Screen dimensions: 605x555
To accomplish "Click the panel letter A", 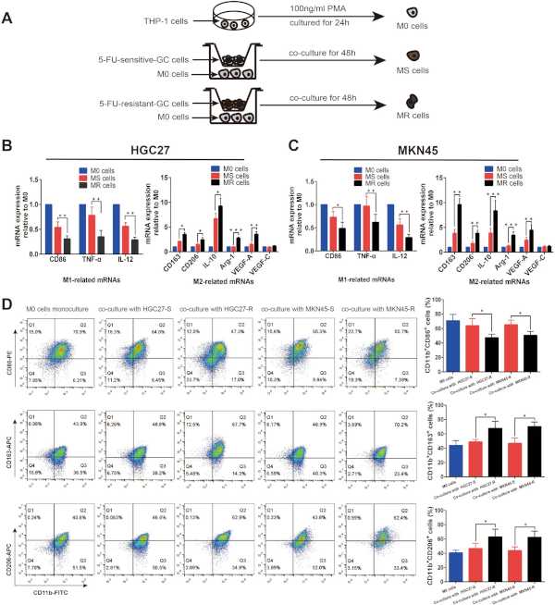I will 8,18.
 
